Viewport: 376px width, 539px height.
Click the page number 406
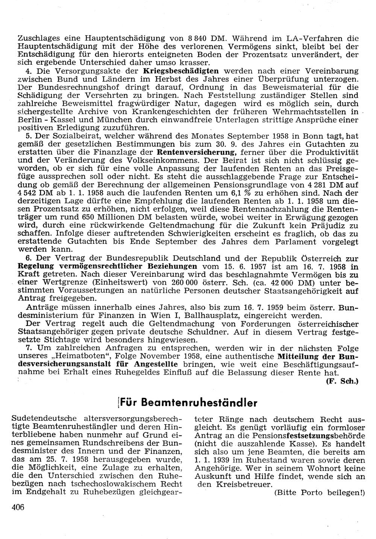pyautogui.click(x=18, y=507)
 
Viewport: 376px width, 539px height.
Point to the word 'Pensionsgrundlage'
pyautogui.click(x=280, y=185)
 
